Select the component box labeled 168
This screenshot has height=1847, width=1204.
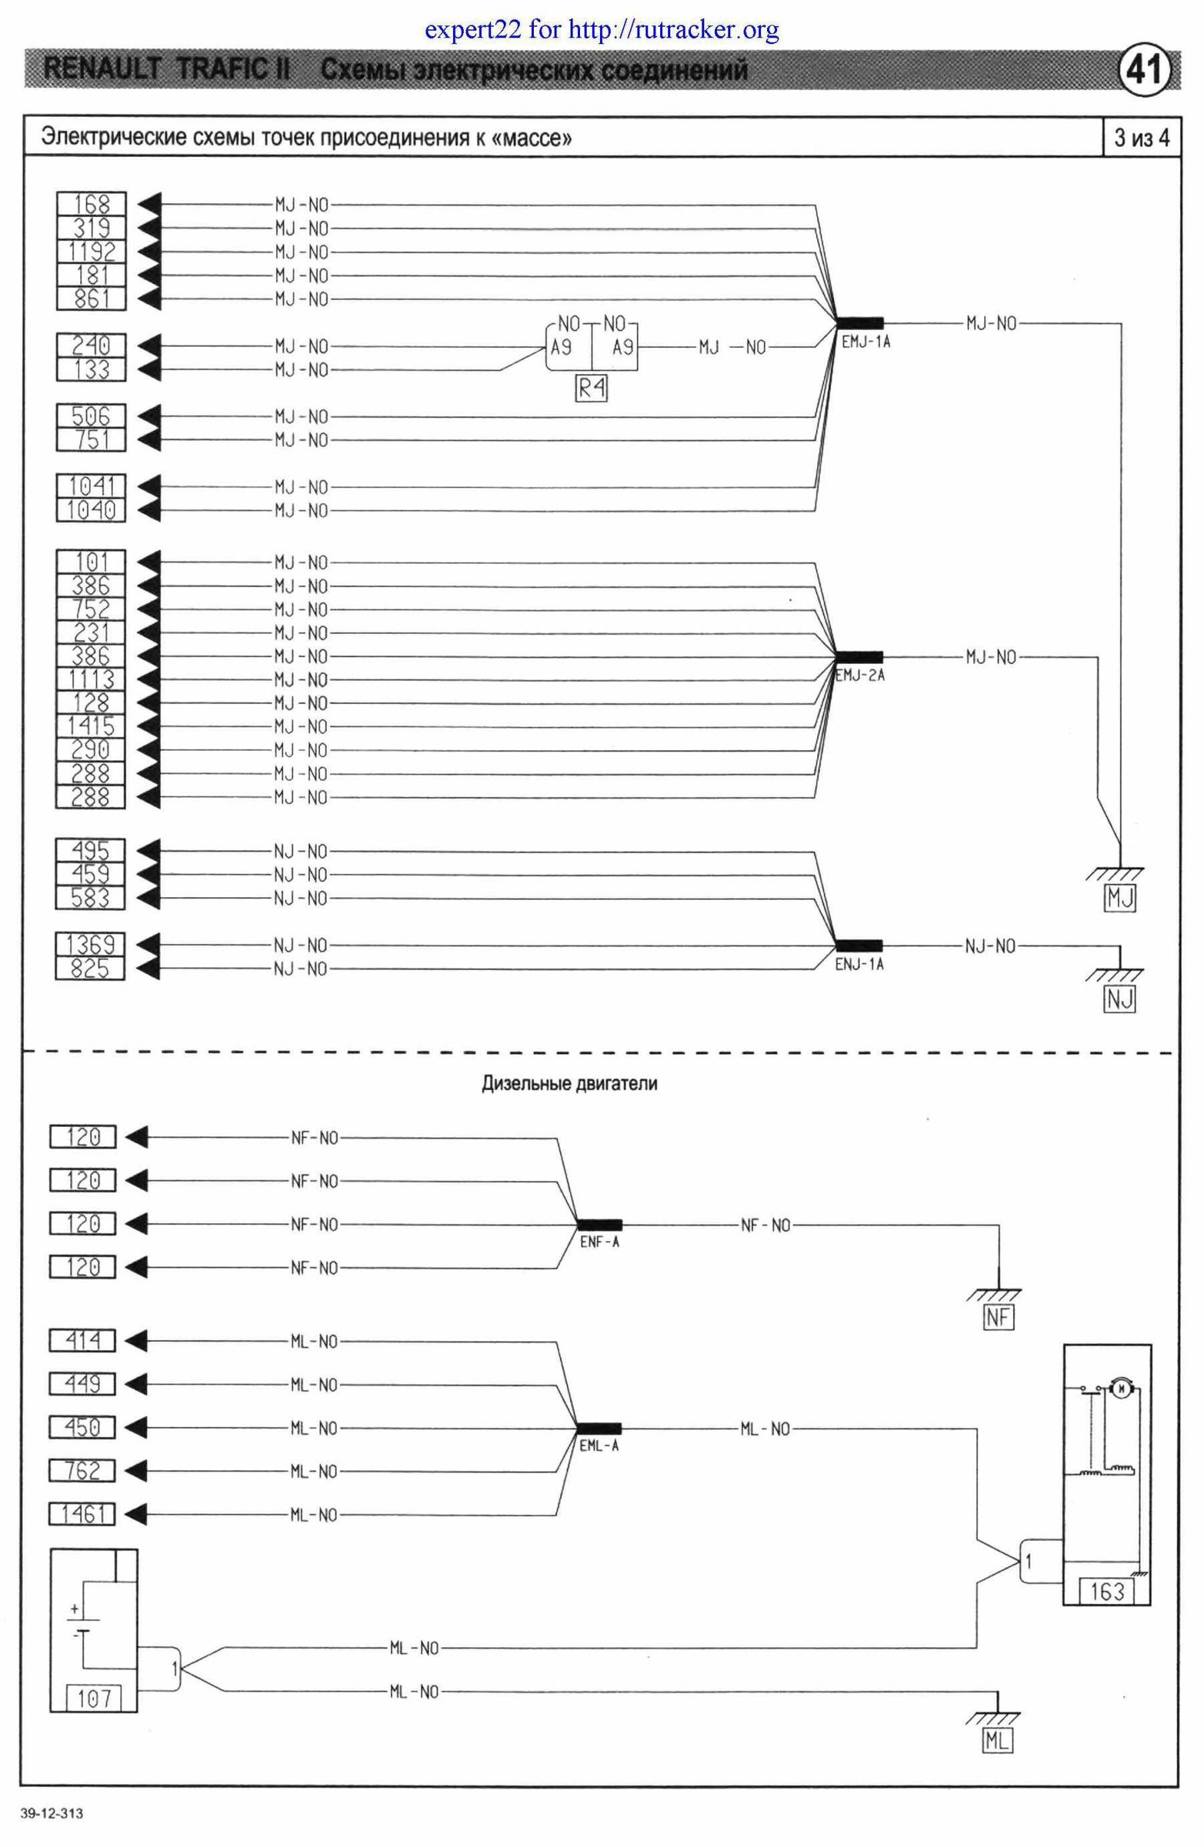click(92, 204)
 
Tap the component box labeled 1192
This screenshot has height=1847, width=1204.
click(92, 251)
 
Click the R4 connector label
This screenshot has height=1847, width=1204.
click(591, 388)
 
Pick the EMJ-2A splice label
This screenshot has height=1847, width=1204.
click(860, 675)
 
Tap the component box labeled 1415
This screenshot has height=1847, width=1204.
click(92, 726)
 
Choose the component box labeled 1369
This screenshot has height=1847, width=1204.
click(91, 945)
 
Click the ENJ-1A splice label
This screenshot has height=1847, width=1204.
click(859, 964)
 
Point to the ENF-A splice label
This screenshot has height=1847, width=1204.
click(600, 1242)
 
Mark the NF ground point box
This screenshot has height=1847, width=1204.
click(998, 1318)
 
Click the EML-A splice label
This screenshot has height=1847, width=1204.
click(599, 1446)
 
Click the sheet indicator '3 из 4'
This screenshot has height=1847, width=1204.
click(1142, 138)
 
